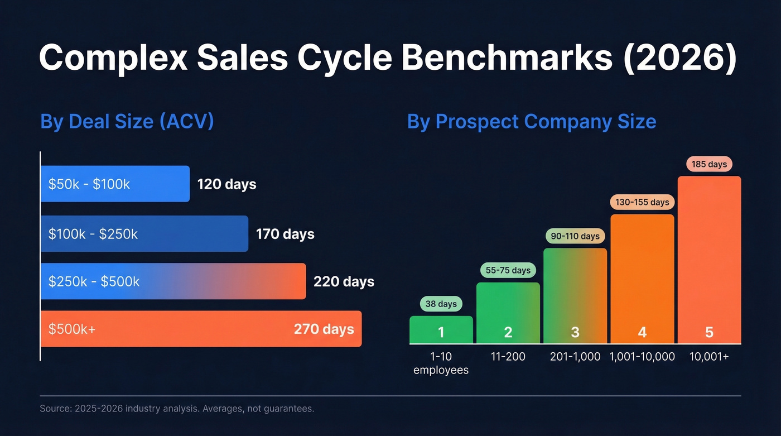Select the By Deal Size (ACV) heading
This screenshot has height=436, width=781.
(127, 122)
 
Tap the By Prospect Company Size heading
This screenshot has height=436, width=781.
(532, 122)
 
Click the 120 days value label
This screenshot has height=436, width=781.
(226, 184)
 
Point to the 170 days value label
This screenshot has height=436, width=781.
(285, 234)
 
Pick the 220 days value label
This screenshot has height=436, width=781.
(344, 281)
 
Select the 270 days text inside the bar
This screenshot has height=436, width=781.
(324, 329)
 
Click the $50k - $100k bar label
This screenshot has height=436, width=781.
(89, 184)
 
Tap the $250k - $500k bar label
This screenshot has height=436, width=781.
(94, 281)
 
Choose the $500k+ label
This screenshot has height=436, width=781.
(72, 329)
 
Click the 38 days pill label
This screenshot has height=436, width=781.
(441, 304)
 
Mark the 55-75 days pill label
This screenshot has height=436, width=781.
(508, 270)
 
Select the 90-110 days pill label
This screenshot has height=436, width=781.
(575, 236)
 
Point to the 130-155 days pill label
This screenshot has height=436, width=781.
(642, 202)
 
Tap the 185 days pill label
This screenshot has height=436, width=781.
(709, 164)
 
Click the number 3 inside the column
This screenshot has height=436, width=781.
(575, 333)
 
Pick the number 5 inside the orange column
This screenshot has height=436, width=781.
(709, 333)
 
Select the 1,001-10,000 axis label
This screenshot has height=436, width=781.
(642, 357)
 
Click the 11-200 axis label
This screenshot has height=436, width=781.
(508, 357)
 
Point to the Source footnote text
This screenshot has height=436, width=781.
(177, 409)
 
